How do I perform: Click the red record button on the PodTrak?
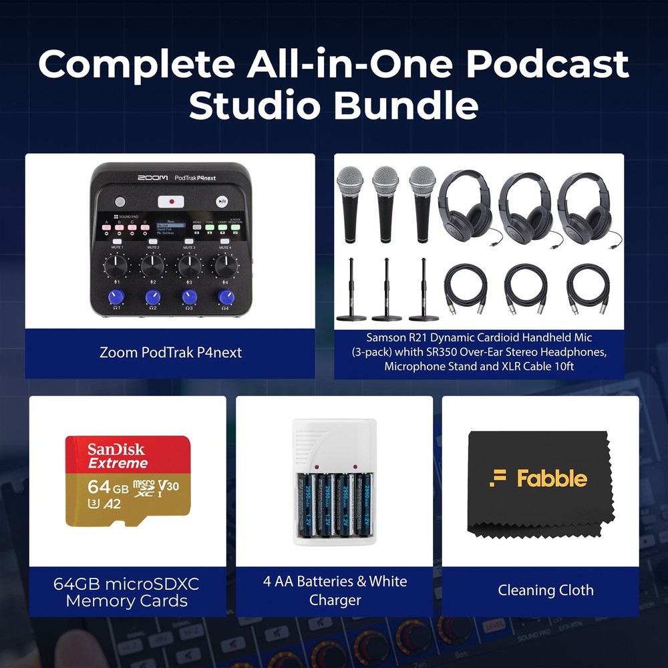(170, 200)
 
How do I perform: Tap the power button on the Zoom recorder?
(120, 201)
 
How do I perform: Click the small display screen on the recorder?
(171, 228)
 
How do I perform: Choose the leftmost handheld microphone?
(350, 203)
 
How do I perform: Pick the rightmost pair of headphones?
(585, 207)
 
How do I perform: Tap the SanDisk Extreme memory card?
(128, 481)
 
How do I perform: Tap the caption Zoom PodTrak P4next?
(170, 352)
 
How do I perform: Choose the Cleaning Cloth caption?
(545, 590)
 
